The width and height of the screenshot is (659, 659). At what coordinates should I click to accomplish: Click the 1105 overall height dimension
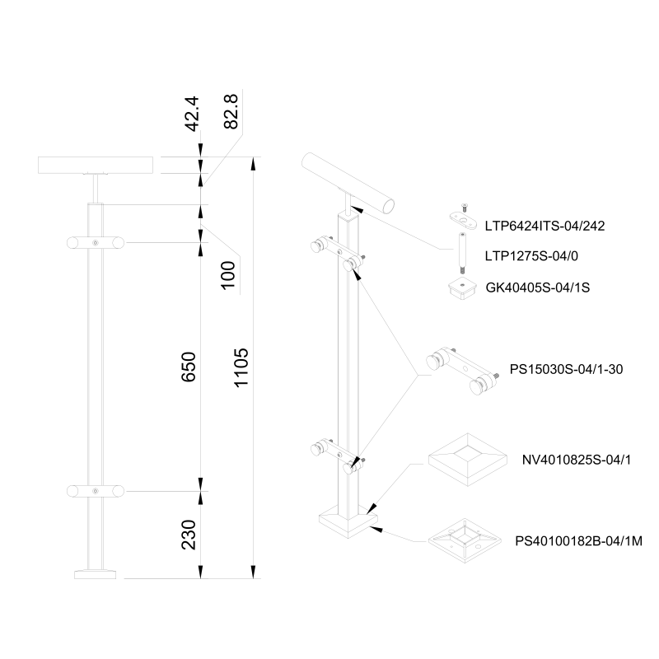click(241, 367)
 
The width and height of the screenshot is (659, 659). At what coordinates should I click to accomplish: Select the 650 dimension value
click(190, 367)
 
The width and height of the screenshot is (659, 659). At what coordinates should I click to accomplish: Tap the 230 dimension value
click(190, 535)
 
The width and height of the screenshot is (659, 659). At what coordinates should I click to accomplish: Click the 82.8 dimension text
click(231, 111)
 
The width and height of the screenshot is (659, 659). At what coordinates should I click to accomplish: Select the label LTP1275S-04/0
click(531, 256)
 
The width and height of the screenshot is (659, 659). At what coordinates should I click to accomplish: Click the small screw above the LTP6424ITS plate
click(461, 206)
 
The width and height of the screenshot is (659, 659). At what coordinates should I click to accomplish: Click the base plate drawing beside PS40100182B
click(465, 541)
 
